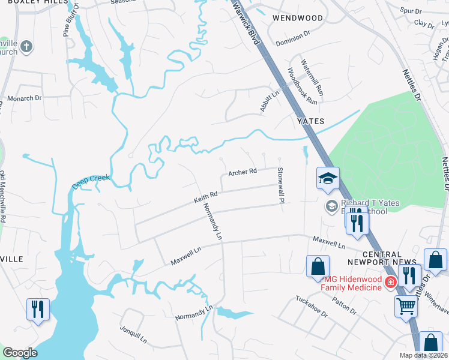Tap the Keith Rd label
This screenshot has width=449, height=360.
(205, 196)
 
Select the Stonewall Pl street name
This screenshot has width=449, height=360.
(280, 185)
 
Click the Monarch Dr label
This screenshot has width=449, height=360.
(24, 97)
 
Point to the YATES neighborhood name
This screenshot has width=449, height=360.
(311, 121)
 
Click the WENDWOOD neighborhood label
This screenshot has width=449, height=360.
(297, 18)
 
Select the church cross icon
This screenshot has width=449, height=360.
(26, 46)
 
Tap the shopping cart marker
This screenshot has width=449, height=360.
(406, 306)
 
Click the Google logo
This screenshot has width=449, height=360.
(20, 352)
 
